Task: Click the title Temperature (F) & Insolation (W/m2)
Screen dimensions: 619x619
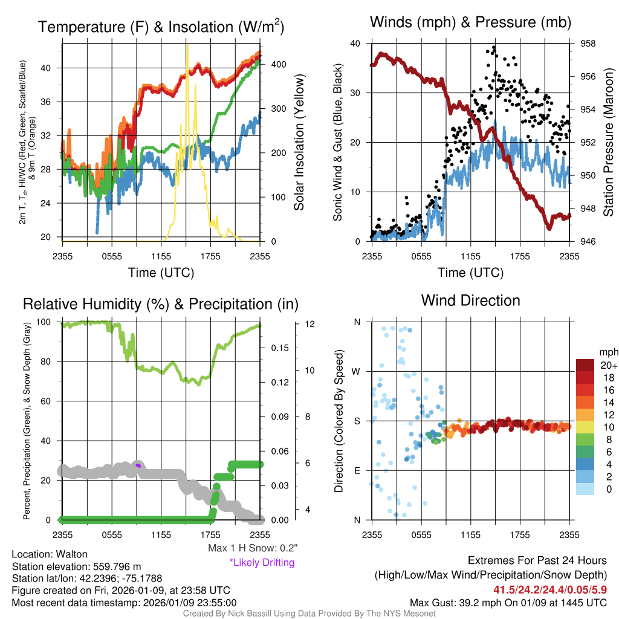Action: tap(161, 27)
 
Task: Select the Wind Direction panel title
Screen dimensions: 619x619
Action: tap(470, 300)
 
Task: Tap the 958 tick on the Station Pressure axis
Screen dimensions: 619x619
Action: tap(588, 44)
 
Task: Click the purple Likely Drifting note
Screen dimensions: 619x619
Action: tap(262, 563)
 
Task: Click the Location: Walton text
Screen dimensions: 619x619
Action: tap(50, 554)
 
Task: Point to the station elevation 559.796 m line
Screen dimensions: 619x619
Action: tap(76, 566)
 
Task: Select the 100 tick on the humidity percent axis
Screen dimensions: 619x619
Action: tap(50, 322)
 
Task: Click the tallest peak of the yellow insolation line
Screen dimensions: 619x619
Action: tap(187, 45)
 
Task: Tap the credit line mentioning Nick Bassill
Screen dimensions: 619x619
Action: tap(309, 614)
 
